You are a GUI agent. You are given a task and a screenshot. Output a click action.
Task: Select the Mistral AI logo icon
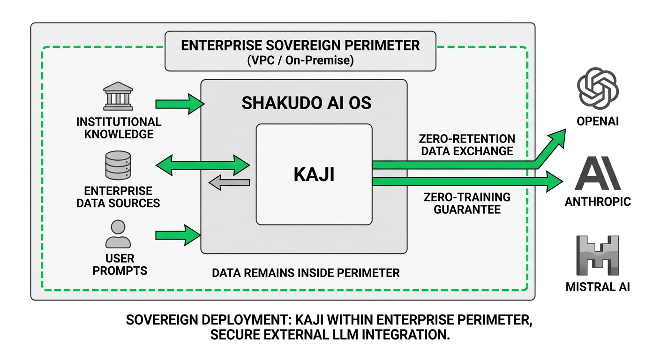(x=597, y=256)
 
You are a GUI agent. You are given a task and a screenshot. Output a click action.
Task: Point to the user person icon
(x=118, y=234)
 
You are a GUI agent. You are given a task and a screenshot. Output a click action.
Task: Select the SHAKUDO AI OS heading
(x=306, y=103)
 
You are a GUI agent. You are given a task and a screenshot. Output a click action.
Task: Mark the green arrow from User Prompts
(x=177, y=234)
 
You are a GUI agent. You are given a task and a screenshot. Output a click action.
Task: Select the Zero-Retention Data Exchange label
(x=467, y=145)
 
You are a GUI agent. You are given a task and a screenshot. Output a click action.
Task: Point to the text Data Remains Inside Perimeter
(x=306, y=273)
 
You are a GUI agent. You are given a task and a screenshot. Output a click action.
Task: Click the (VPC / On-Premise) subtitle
(x=300, y=60)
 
